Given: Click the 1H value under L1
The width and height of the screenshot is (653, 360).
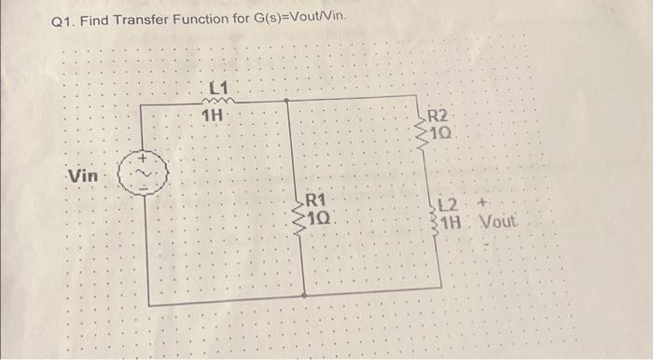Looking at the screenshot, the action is (214, 116).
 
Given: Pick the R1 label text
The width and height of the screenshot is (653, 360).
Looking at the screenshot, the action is (314, 201).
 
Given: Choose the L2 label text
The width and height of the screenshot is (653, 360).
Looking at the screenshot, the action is (449, 206).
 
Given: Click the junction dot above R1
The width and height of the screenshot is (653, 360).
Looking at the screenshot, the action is (286, 102).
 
